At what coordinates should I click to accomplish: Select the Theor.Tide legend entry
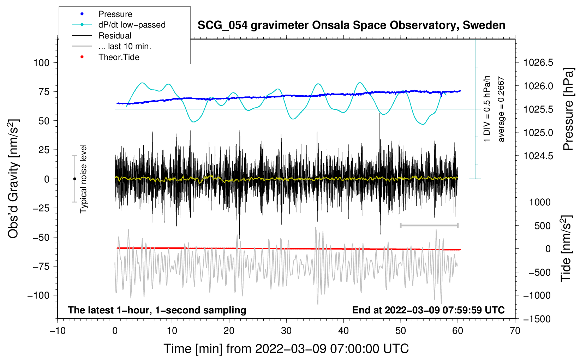[119, 57]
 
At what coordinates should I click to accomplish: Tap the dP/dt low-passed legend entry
[132, 25]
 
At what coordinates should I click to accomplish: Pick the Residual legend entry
[115, 36]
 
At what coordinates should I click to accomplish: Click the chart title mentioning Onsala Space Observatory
[351, 25]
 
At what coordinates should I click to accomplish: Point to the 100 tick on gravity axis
[41, 63]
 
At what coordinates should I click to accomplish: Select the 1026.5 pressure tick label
[538, 63]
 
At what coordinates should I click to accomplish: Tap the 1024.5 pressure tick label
[538, 156]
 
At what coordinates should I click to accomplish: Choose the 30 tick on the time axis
[286, 331]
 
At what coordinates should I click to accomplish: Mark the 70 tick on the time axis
[515, 331]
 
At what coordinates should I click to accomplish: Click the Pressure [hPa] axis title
[568, 109]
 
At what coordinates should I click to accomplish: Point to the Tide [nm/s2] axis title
[566, 249]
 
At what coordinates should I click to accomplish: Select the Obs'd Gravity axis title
[13, 179]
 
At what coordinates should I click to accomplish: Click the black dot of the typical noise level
[74, 179]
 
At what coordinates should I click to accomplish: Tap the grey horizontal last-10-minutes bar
[429, 225]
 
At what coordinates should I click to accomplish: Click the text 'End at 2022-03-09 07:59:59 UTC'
[428, 310]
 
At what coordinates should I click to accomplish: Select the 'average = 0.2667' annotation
[501, 109]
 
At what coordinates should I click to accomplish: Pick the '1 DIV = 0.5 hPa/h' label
[487, 109]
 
